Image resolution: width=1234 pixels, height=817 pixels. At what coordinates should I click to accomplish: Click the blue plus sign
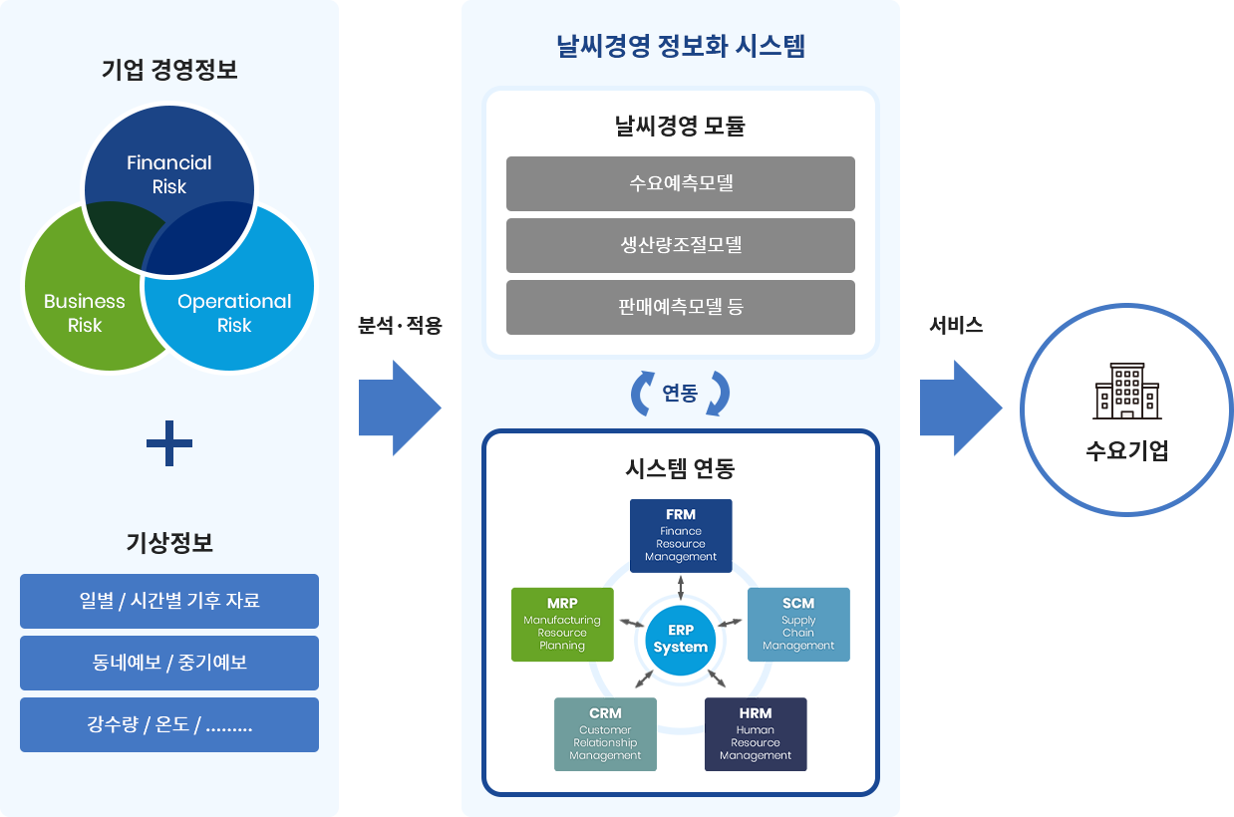coord(169,443)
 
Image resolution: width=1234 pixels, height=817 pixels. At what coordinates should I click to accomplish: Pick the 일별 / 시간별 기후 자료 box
coord(169,601)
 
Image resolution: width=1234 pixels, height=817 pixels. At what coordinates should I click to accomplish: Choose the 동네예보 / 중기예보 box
coord(169,663)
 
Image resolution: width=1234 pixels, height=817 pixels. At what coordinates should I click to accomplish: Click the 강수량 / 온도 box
coord(169,724)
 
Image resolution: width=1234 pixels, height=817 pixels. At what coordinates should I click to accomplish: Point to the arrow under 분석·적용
coord(400,408)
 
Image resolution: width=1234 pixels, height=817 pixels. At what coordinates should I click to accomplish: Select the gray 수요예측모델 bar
coord(681,183)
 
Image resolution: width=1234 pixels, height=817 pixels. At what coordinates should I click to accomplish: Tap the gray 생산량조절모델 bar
coord(681,245)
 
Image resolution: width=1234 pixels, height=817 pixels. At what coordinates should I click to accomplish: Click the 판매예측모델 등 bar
coord(681,307)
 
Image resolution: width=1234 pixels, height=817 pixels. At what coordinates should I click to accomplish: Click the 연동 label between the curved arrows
coord(681,394)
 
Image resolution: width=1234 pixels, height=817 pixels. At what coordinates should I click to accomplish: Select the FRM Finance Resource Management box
coord(681,536)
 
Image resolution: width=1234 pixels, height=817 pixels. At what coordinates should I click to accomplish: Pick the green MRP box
coord(562,625)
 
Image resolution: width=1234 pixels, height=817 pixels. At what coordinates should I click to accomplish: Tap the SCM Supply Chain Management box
coord(798,625)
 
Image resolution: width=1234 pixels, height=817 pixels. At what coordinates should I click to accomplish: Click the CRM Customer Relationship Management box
coord(605,734)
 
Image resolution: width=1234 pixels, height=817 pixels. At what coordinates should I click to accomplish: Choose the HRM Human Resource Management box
coord(756,734)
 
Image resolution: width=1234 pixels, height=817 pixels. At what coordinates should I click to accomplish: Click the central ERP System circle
coord(681,639)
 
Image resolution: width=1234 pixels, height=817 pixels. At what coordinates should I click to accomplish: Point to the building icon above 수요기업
coord(1126,391)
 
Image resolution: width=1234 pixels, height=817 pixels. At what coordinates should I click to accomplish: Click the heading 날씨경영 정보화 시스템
coord(681,46)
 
